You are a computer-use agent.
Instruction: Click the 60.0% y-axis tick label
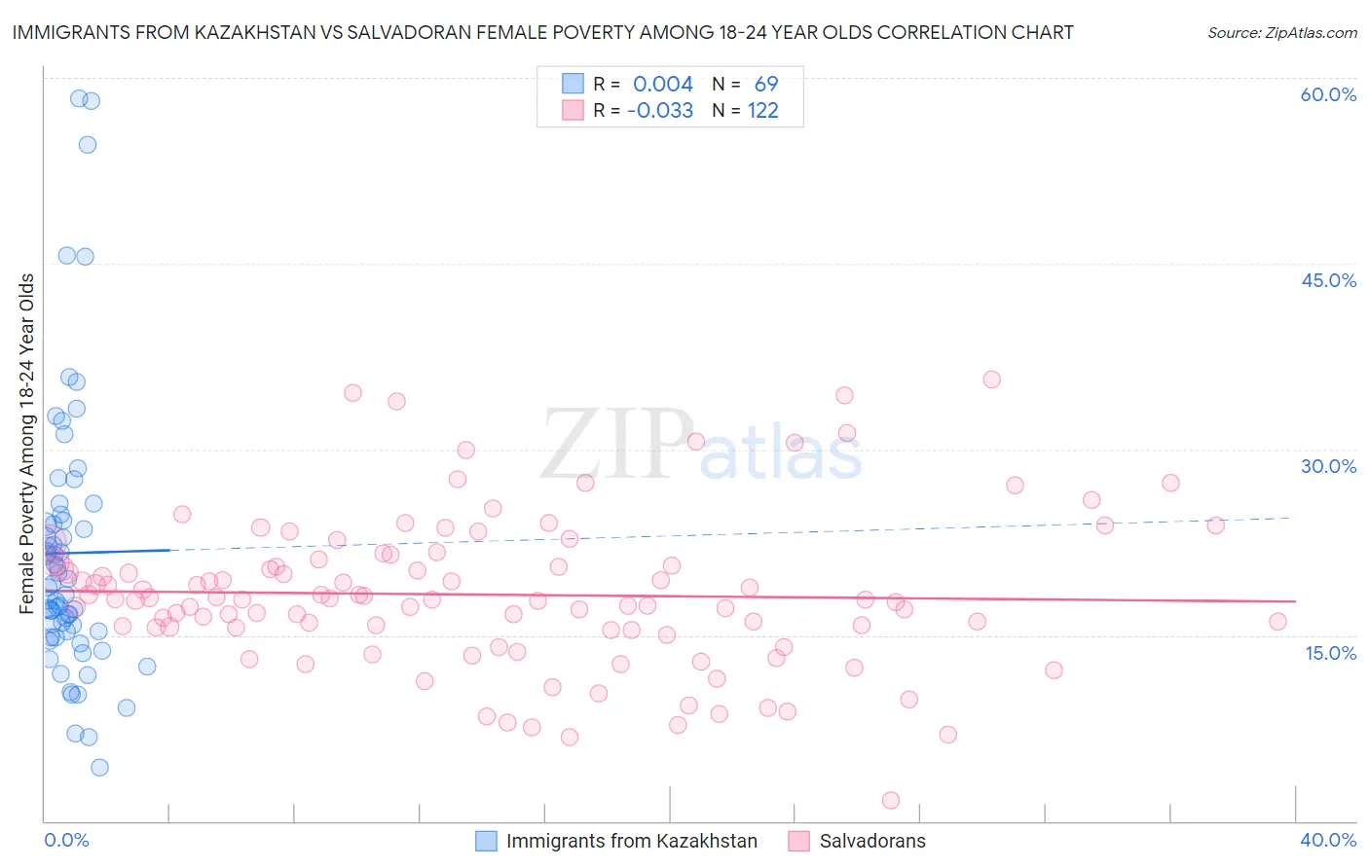tap(1328, 94)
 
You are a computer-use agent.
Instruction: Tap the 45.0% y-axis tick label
tap(1328, 280)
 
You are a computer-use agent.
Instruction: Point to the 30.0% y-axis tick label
tap(1328, 466)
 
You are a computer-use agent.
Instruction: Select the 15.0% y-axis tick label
tap(1330, 653)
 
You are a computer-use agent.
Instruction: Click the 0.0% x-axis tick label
tap(66, 840)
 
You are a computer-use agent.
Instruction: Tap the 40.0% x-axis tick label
tap(1328, 840)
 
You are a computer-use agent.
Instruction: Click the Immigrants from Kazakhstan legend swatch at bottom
tap(486, 841)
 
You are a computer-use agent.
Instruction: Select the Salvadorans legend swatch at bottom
tap(799, 841)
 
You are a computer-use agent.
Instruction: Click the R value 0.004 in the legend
tap(663, 85)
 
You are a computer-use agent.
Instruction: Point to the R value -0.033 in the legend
tap(660, 111)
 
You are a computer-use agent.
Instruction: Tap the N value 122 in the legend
tap(763, 111)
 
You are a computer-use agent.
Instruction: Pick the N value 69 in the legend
tap(766, 85)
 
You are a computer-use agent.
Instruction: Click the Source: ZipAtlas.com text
tap(1281, 33)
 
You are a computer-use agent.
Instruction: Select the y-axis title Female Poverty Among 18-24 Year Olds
tap(27, 444)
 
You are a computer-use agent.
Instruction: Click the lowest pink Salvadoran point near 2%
tap(890, 800)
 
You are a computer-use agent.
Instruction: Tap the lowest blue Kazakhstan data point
tap(99, 767)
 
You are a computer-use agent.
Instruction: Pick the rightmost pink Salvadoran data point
tap(1277, 622)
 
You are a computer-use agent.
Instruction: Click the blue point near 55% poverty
tap(88, 145)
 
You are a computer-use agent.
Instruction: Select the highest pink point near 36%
tap(991, 380)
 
